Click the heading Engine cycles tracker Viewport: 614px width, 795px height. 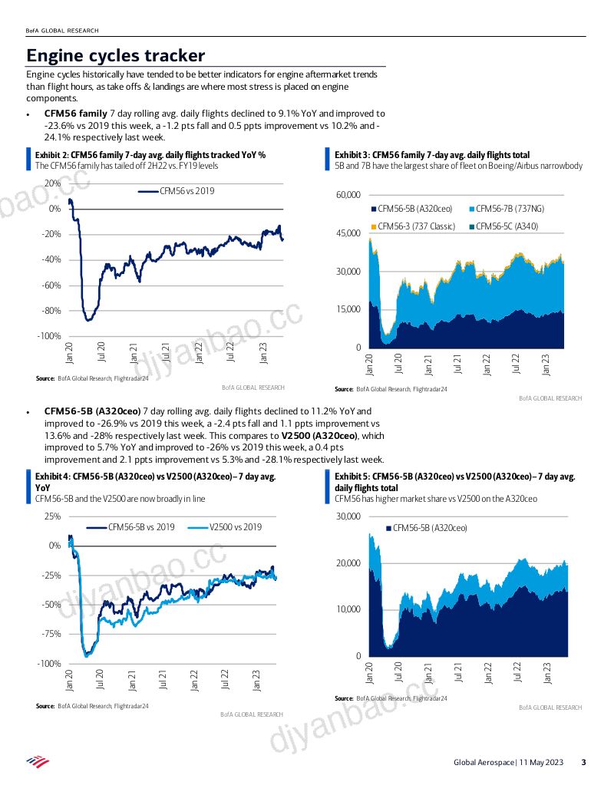coord(116,55)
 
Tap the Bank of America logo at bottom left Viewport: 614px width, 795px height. coord(38,761)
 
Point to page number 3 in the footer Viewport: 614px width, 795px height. coord(583,762)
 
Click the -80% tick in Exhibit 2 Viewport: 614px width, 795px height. coord(51,311)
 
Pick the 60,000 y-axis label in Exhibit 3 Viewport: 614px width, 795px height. coord(348,195)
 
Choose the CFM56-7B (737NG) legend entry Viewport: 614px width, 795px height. coord(507,209)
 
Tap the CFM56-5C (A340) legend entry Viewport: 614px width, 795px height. coord(503,226)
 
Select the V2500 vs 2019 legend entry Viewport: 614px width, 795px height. coord(225,527)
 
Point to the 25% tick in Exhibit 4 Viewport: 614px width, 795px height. coord(53,516)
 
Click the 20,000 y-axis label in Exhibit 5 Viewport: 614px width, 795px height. coord(348,562)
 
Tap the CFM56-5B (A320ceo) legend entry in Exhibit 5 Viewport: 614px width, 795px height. coord(427,528)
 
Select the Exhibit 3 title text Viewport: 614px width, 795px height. coord(432,155)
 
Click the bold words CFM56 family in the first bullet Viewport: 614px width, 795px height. coord(75,114)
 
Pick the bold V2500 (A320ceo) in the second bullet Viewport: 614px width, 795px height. coord(319,436)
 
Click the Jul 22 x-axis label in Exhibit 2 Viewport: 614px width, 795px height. coord(231,351)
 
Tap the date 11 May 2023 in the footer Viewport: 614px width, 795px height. coord(541,762)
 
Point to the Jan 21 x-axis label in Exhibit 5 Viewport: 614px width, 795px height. coord(428,672)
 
